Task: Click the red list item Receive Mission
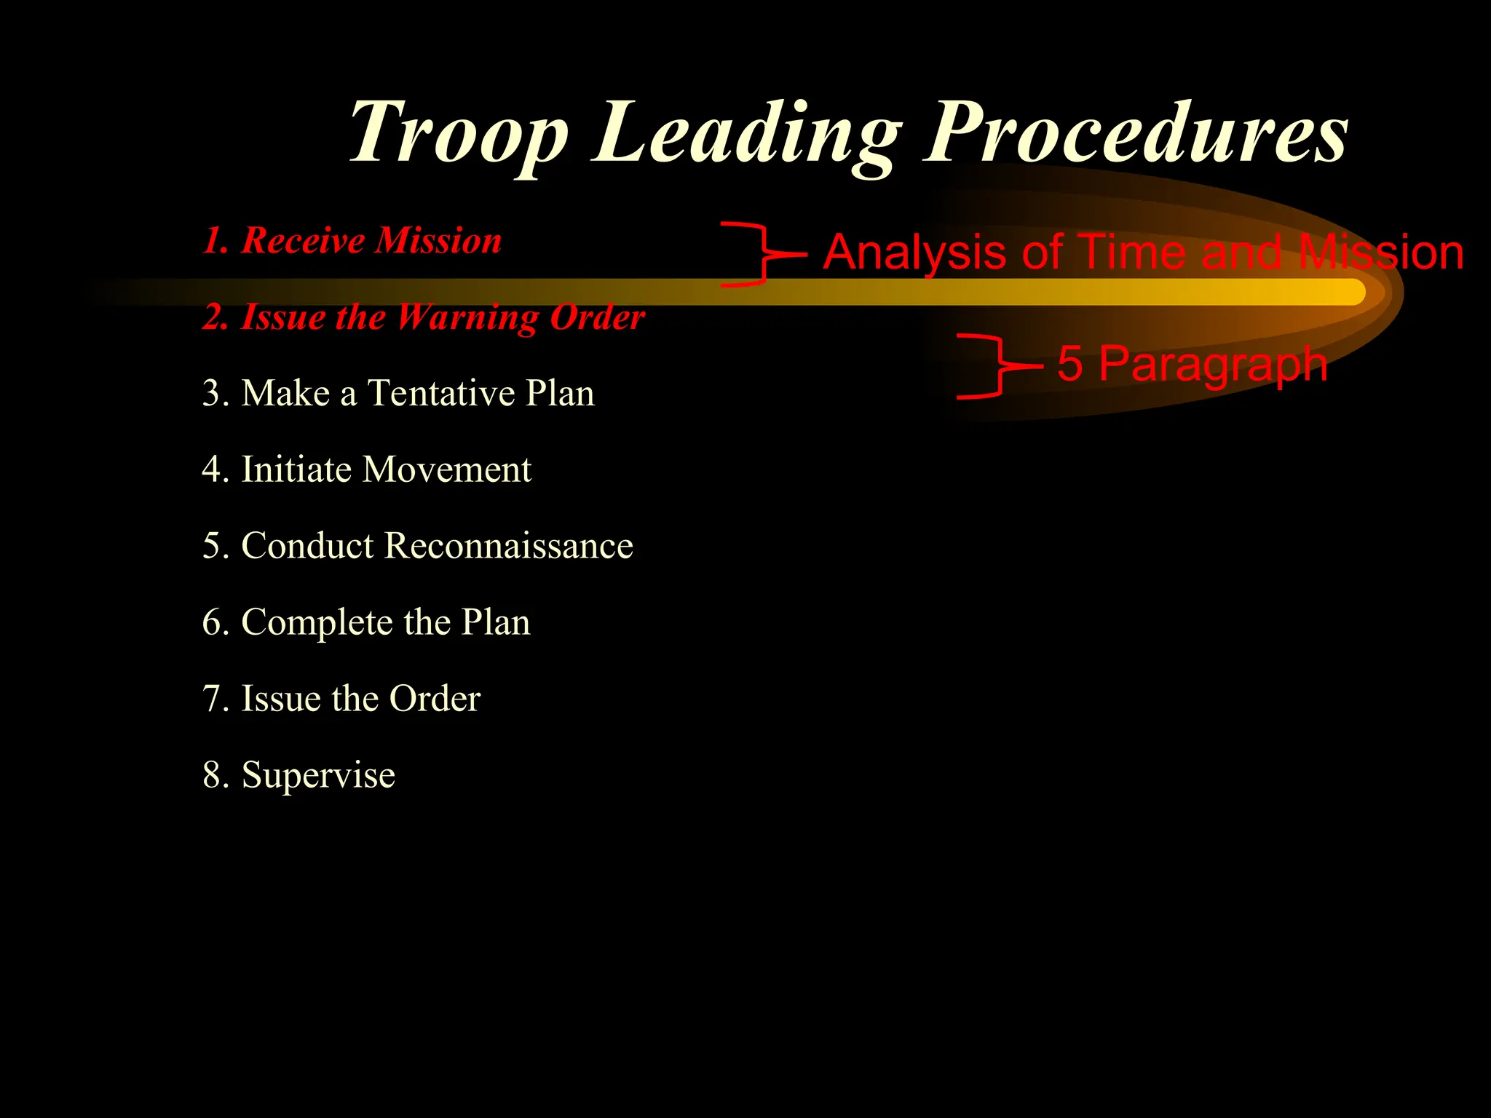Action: click(352, 240)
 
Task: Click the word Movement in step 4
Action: click(447, 469)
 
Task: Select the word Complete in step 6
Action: click(317, 623)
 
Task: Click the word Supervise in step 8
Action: click(318, 774)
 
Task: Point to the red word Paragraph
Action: click(1213, 364)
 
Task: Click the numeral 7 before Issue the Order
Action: click(215, 699)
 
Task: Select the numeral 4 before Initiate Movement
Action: click(215, 469)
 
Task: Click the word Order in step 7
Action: click(435, 699)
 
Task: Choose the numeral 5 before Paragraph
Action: click(1069, 363)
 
